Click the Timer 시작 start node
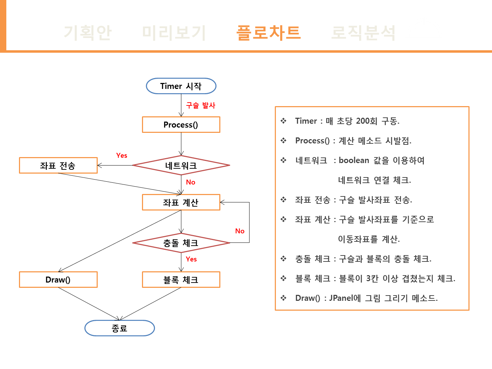coord(181,86)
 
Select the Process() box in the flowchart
coord(181,125)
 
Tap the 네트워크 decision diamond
coord(181,165)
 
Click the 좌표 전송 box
coord(58,166)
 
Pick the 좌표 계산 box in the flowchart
coord(181,202)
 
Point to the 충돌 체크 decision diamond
coord(181,243)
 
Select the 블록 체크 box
coord(181,280)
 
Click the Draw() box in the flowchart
coord(58,280)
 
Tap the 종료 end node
coord(119,328)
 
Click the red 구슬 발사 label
coord(201,105)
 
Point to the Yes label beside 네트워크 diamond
coord(122,155)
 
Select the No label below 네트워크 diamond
coord(190,182)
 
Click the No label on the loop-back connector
coord(240,231)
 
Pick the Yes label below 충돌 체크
coord(191,259)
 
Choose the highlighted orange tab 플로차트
coord(268,33)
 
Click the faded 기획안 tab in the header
coord(88,33)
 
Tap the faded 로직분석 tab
coord(363,33)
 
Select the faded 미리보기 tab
coord(174,33)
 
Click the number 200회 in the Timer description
coord(367,121)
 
